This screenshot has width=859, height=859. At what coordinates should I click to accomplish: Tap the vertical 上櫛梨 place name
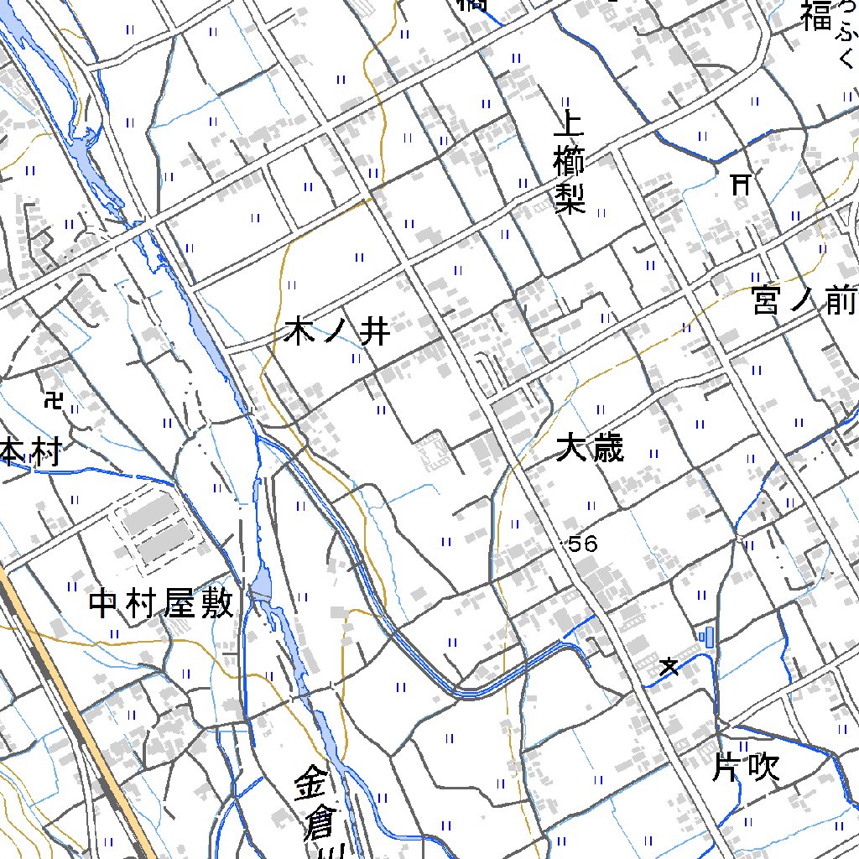point(569,164)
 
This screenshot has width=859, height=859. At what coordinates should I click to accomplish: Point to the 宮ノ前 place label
point(804,300)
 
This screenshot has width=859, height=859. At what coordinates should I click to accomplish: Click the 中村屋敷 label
point(160,604)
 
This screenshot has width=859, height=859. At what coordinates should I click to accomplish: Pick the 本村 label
point(30,454)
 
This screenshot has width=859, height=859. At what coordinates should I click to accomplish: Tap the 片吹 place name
point(747,768)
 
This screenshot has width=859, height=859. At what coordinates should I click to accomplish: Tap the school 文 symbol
point(669,667)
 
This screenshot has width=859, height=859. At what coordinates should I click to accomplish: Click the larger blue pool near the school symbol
point(711,637)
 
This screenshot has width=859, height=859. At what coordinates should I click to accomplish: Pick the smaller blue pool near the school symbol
point(701,637)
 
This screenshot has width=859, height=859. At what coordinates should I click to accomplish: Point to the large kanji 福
point(815,16)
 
